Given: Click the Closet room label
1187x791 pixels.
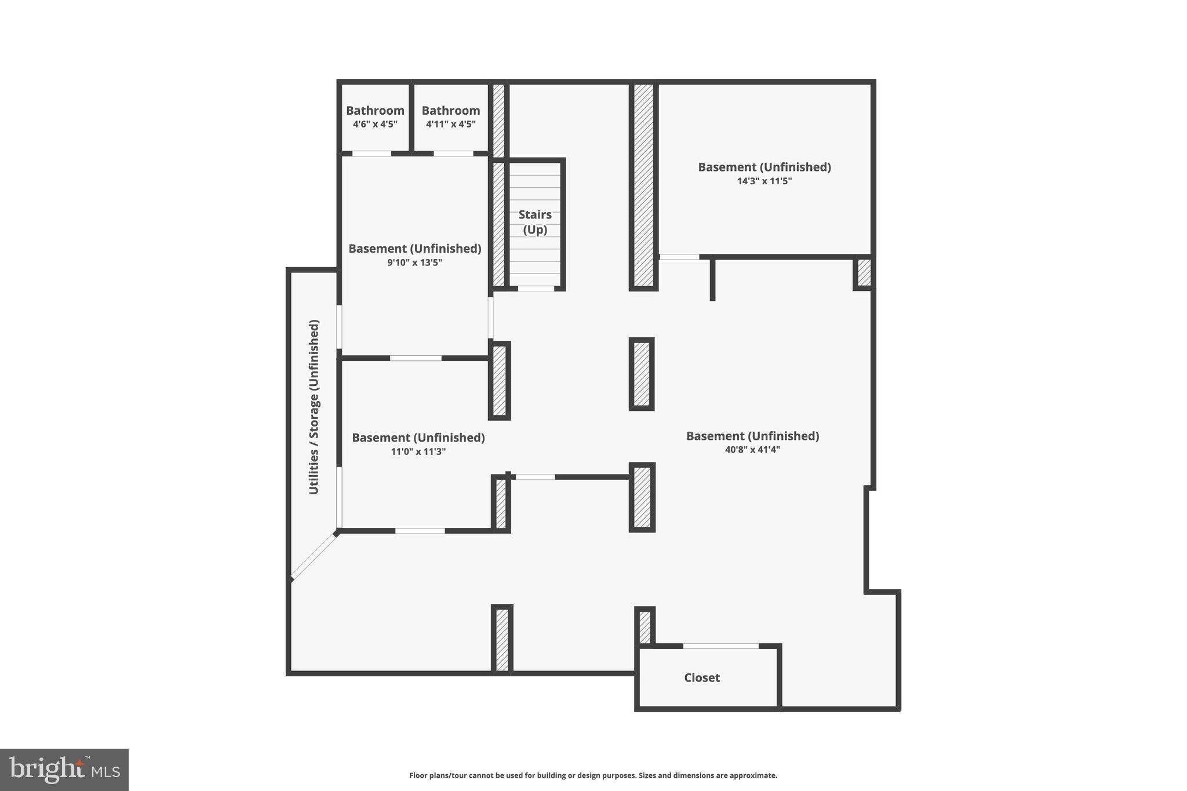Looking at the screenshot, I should (x=701, y=677).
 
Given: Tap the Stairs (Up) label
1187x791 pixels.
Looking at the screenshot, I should (x=535, y=222).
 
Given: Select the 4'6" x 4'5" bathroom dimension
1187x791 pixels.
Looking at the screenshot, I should (x=375, y=124).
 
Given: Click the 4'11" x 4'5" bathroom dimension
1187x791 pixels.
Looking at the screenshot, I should (x=450, y=124).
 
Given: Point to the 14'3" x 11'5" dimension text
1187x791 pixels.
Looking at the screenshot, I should (x=764, y=181).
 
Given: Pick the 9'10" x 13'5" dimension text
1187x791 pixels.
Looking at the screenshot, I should (x=414, y=263).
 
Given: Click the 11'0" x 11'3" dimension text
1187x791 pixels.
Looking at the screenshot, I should (x=418, y=451).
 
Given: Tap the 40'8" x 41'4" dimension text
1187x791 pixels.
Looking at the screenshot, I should (x=752, y=450).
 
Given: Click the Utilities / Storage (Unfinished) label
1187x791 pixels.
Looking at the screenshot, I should (x=314, y=407).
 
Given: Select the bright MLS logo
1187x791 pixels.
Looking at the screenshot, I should (x=64, y=770).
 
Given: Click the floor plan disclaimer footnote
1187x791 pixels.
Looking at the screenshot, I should (x=593, y=775).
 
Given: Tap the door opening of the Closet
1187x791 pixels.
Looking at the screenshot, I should (x=720, y=646).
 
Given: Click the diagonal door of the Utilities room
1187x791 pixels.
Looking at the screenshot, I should (x=314, y=556).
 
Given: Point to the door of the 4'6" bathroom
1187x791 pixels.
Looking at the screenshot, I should (x=372, y=154).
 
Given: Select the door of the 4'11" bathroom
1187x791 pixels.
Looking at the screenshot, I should (x=453, y=154).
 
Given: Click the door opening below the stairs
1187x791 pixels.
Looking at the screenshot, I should (x=536, y=288).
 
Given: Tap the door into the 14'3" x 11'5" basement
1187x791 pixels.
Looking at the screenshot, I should (x=679, y=257).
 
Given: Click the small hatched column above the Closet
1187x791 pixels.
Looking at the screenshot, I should (x=645, y=626).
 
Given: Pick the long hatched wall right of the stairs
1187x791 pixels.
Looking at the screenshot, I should (x=643, y=185).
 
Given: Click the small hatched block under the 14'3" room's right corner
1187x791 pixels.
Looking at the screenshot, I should (x=864, y=272).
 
